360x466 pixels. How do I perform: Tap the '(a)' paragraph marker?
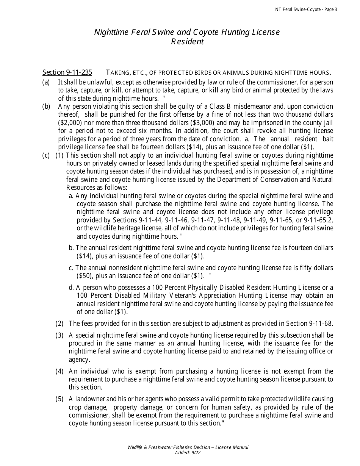(46, 82)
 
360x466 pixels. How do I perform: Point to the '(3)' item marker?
(59, 335)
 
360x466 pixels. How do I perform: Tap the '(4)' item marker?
(59, 371)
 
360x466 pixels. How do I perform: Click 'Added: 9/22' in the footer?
(188, 452)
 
